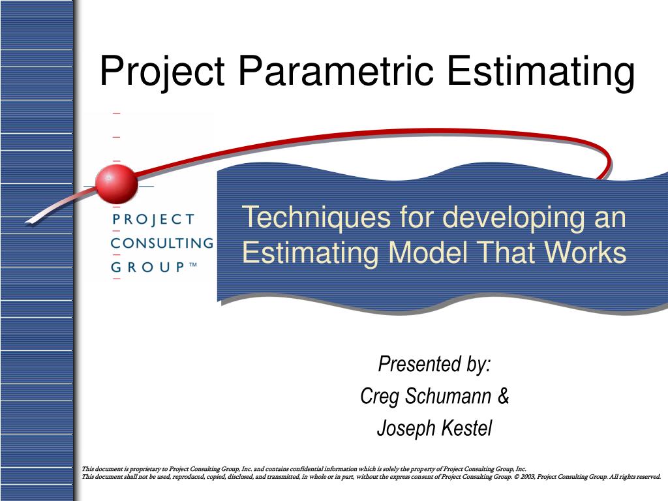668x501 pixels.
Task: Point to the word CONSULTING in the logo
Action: [x=162, y=243]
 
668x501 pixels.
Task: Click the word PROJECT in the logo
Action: [x=153, y=219]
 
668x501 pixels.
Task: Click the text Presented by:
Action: [x=434, y=364]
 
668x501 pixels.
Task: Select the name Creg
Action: [x=380, y=396]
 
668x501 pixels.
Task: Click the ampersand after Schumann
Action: [x=503, y=396]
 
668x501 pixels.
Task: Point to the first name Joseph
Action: [x=399, y=429]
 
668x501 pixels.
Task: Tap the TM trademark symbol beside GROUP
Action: [x=193, y=265]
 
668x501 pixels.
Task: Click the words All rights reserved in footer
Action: [x=635, y=477]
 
